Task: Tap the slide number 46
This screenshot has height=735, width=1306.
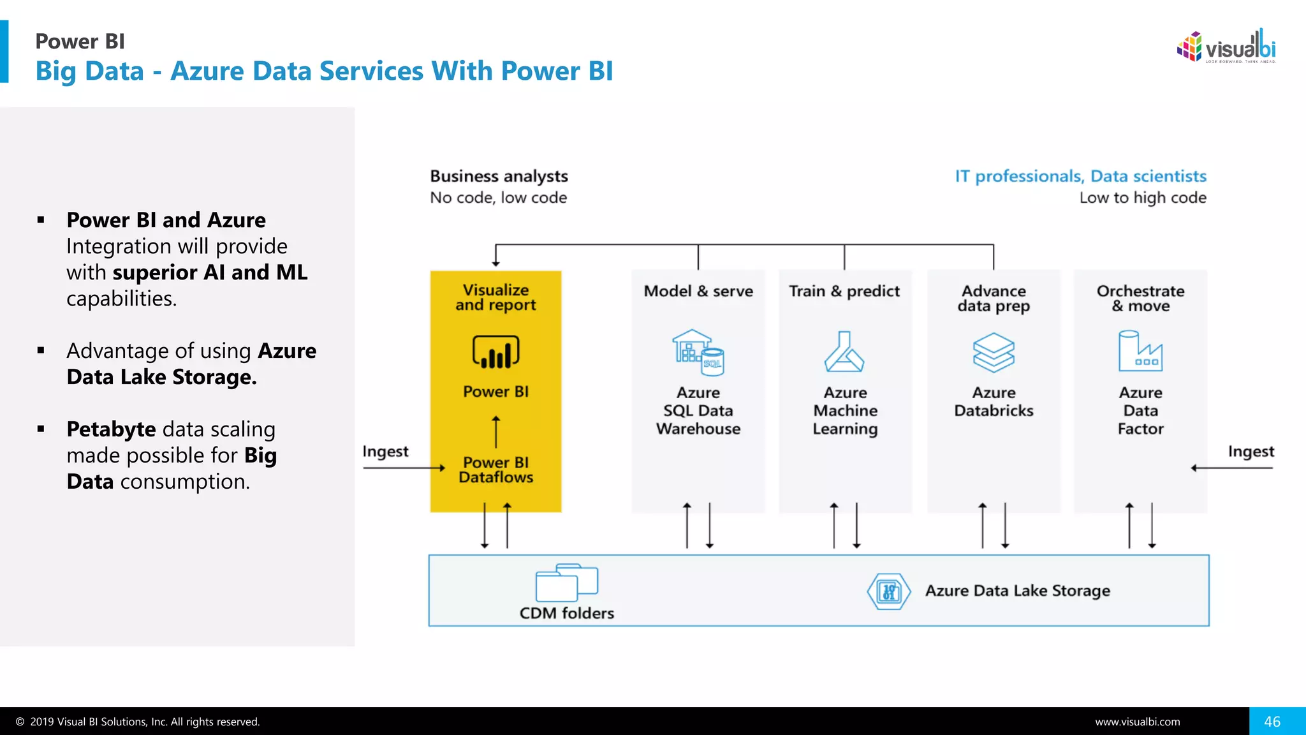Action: (1272, 722)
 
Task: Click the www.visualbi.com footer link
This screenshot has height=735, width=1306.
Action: (1137, 722)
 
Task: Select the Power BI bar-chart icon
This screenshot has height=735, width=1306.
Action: (495, 352)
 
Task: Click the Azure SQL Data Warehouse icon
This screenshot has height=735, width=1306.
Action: (698, 352)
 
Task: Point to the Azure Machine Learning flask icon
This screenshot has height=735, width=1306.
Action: (844, 352)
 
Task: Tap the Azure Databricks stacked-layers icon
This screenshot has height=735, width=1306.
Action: (993, 352)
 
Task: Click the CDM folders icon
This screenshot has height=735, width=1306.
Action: (566, 583)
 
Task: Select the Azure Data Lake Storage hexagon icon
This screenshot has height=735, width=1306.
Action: (888, 591)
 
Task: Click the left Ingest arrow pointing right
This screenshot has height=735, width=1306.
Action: (404, 468)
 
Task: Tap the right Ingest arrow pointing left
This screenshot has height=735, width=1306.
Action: (1231, 468)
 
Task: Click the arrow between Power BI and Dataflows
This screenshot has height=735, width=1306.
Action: (495, 432)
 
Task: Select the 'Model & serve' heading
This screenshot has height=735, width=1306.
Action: (698, 291)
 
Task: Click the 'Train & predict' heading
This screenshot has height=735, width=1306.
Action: (844, 291)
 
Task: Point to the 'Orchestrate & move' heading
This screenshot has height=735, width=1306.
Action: (1140, 298)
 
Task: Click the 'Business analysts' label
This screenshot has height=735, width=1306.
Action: (499, 176)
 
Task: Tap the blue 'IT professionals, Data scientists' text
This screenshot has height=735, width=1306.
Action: (1080, 176)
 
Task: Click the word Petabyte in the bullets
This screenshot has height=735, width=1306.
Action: (111, 429)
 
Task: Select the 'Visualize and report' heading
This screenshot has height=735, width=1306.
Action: (495, 297)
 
